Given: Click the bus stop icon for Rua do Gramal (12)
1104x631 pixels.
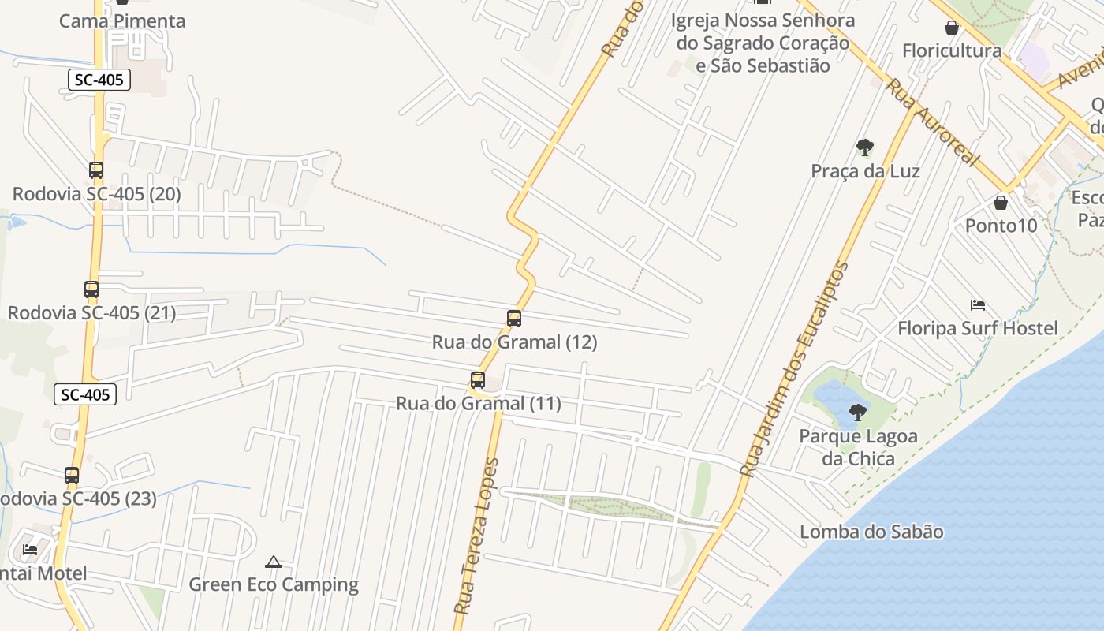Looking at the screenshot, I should point(514,319).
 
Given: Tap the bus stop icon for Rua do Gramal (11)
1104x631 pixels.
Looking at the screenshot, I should point(477,380).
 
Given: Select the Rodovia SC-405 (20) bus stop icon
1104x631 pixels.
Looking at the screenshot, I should point(96,170).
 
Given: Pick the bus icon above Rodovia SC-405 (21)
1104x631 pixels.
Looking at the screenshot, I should point(91,289).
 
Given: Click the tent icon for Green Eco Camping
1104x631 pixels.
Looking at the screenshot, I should point(274,562).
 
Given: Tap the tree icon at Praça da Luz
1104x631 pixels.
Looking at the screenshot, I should point(865,147).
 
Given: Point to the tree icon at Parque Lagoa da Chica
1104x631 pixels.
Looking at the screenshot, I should point(858,412).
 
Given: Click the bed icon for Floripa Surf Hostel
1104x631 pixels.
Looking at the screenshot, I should point(978,305).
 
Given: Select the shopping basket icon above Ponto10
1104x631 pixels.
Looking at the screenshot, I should point(1001,203).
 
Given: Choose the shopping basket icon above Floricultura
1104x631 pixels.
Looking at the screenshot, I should point(952,28).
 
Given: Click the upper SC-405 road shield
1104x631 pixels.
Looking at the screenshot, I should point(99,80).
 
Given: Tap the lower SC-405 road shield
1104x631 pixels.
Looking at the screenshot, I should point(85,394).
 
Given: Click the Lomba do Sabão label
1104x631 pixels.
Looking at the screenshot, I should point(871,532).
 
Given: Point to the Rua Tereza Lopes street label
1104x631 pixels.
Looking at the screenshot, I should point(478,536).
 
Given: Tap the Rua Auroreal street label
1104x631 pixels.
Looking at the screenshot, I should point(931,121).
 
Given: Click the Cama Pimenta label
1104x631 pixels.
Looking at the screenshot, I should point(122,21).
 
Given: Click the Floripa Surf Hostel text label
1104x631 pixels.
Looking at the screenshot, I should point(978,328).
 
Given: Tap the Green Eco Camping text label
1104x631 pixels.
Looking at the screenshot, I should point(274,584).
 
